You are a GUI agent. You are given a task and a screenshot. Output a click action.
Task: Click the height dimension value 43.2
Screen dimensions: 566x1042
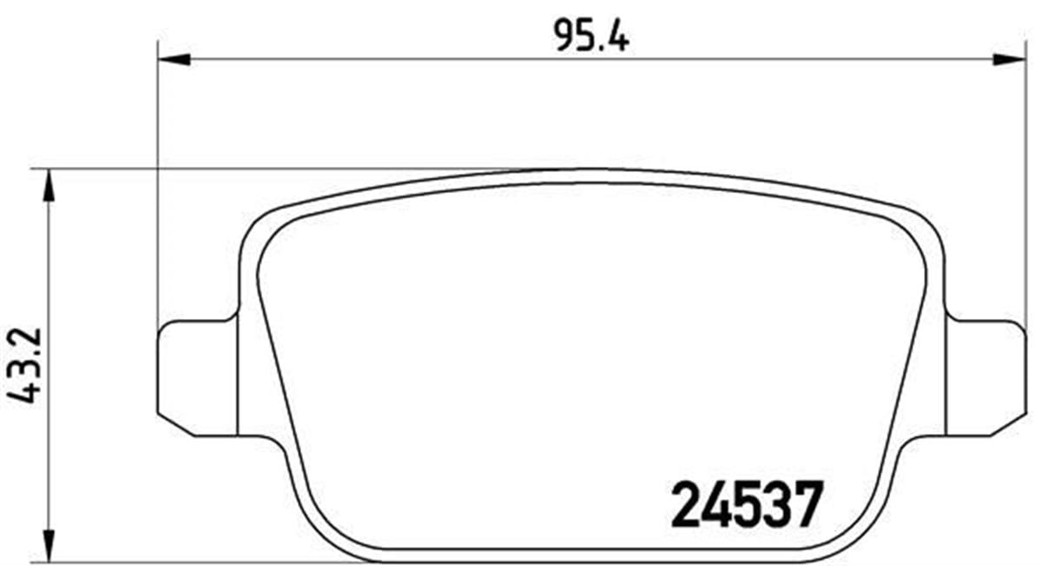click(24, 365)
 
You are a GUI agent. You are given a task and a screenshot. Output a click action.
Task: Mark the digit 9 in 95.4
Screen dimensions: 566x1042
click(563, 37)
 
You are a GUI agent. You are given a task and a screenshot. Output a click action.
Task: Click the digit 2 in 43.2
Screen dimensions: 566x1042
click(24, 331)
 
